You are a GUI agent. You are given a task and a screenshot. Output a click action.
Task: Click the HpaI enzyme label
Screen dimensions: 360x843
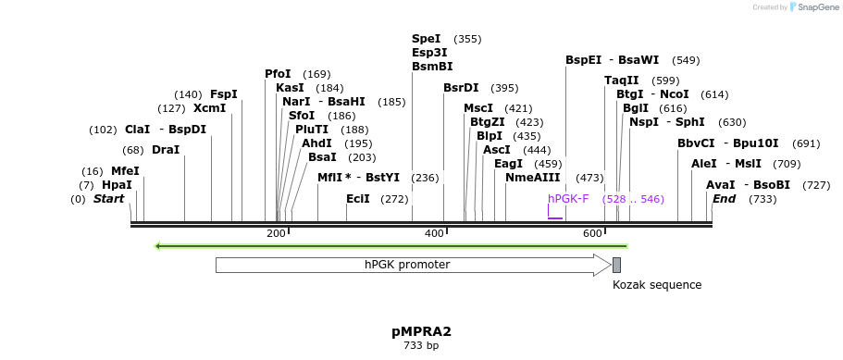tap(117, 185)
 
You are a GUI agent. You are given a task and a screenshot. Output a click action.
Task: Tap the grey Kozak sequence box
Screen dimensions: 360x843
tap(616, 266)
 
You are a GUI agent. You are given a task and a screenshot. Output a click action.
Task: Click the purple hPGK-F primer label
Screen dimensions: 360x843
tap(568, 199)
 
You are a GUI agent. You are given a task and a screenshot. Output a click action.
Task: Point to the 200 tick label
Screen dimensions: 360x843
tap(276, 234)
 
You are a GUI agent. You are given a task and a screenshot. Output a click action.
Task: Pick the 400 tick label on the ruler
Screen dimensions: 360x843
tap(434, 234)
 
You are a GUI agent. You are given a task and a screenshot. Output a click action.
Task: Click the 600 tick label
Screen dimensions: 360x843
tap(592, 234)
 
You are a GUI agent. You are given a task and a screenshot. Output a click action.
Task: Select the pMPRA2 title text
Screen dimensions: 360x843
tap(421, 330)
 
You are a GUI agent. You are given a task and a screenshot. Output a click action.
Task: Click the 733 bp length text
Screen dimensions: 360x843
tap(421, 346)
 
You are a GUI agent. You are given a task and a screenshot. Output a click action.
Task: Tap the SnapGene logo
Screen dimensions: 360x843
tap(814, 6)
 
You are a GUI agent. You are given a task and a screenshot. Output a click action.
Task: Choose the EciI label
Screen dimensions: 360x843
tap(358, 199)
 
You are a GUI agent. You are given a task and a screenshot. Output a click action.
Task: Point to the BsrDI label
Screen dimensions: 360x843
tap(461, 88)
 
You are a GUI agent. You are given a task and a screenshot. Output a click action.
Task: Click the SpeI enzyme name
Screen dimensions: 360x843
tap(427, 39)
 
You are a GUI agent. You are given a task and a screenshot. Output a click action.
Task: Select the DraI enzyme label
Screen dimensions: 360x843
tap(166, 150)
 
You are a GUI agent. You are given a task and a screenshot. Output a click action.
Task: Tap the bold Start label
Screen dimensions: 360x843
tap(109, 199)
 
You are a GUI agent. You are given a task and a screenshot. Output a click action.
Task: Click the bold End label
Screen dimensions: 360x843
tap(725, 199)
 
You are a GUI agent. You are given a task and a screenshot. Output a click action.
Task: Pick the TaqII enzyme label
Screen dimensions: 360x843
tap(621, 81)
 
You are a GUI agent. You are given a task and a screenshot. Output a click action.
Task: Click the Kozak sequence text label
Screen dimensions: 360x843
tap(657, 285)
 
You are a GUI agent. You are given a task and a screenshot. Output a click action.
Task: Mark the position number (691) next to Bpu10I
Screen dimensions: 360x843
tap(807, 143)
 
